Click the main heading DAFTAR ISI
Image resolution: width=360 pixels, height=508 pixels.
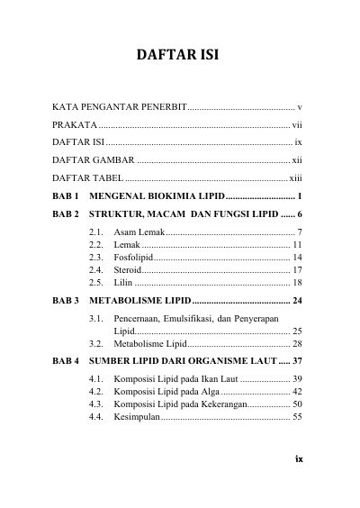click(x=178, y=57)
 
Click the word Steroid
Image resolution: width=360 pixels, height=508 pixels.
click(x=129, y=269)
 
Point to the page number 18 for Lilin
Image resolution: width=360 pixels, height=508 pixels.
click(x=297, y=282)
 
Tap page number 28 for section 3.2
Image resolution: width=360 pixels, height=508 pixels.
click(x=297, y=343)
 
